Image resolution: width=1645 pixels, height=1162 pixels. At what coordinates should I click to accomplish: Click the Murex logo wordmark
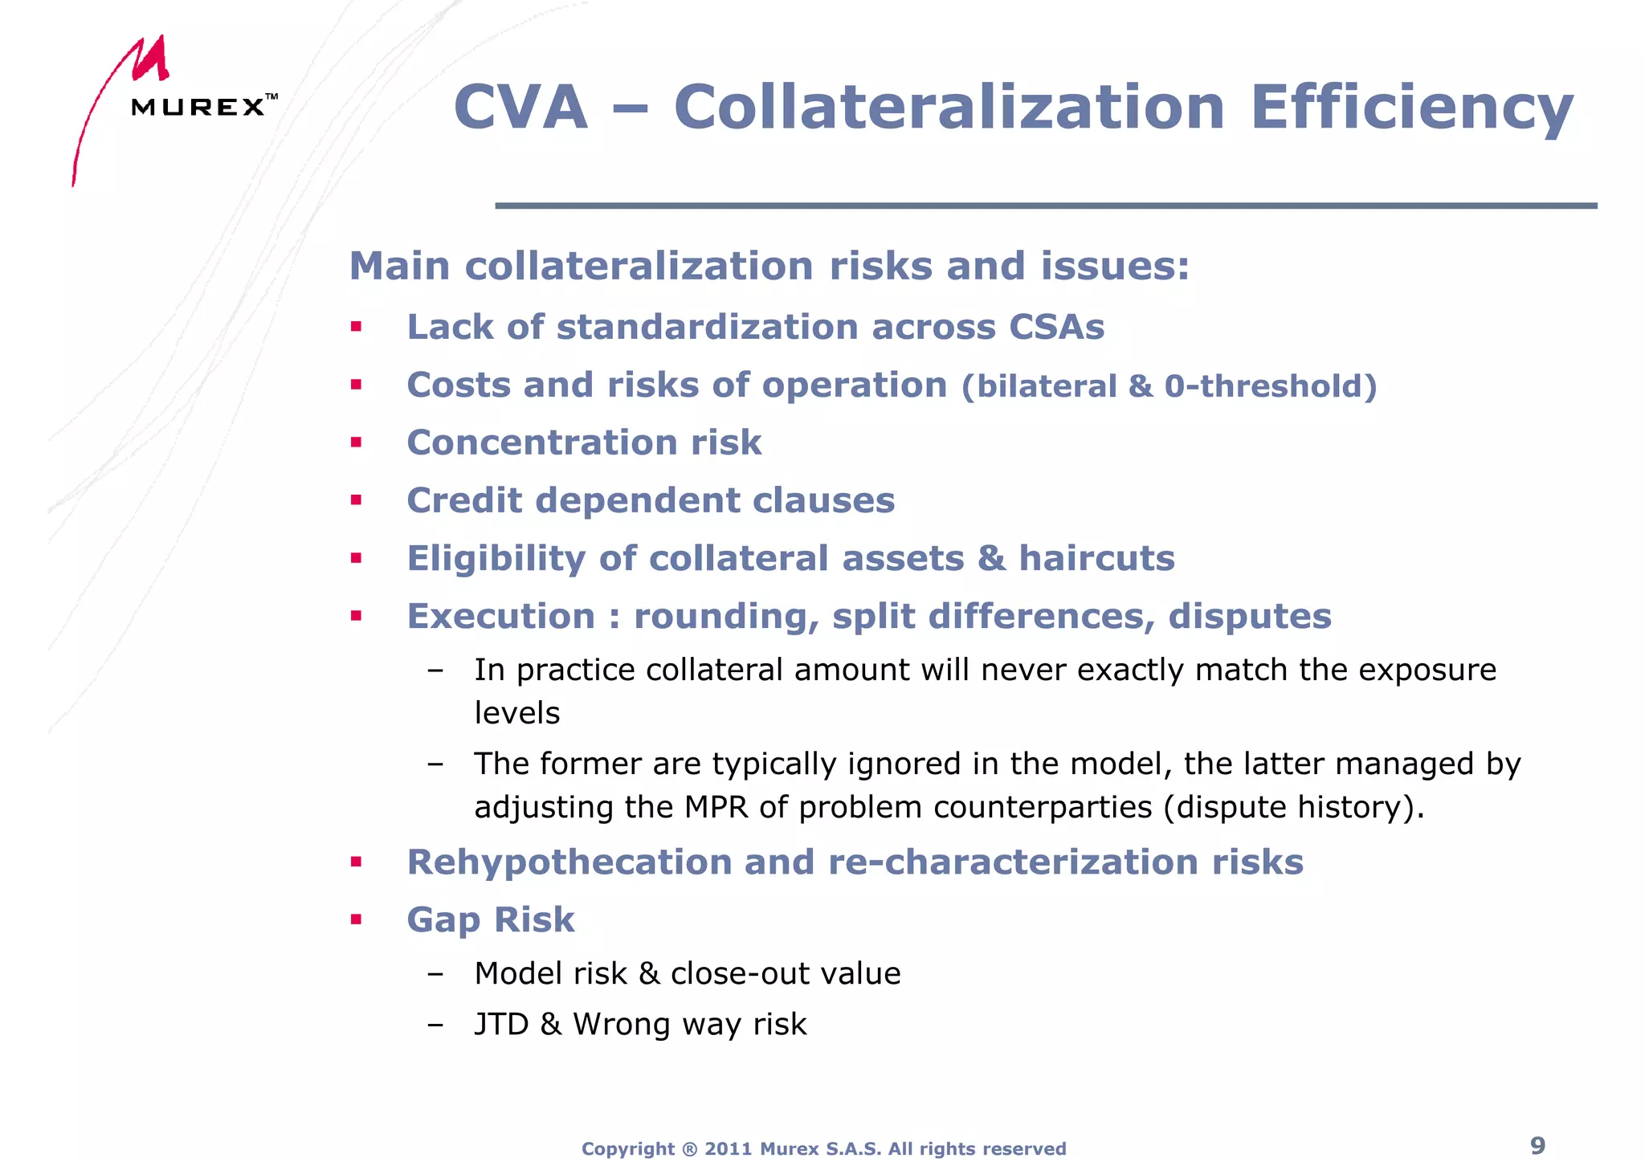pos(198,107)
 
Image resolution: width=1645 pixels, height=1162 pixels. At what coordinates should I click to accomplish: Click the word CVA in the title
pos(520,108)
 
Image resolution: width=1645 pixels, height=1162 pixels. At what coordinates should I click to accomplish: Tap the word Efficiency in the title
pos(1411,108)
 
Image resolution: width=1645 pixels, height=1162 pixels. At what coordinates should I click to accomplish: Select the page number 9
pos(1537,1145)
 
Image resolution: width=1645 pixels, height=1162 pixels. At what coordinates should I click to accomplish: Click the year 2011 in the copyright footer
pos(728,1149)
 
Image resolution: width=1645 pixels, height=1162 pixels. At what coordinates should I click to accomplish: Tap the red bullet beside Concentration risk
pos(356,442)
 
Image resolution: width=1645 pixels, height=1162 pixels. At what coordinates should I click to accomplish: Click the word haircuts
pos(1096,558)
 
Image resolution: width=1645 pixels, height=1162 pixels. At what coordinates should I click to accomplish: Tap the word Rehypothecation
pos(569,862)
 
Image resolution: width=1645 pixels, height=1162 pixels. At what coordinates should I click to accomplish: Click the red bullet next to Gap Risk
pos(356,919)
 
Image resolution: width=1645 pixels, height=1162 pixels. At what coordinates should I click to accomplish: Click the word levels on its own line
pos(516,713)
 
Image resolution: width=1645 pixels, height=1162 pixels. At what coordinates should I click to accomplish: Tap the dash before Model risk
pos(435,974)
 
